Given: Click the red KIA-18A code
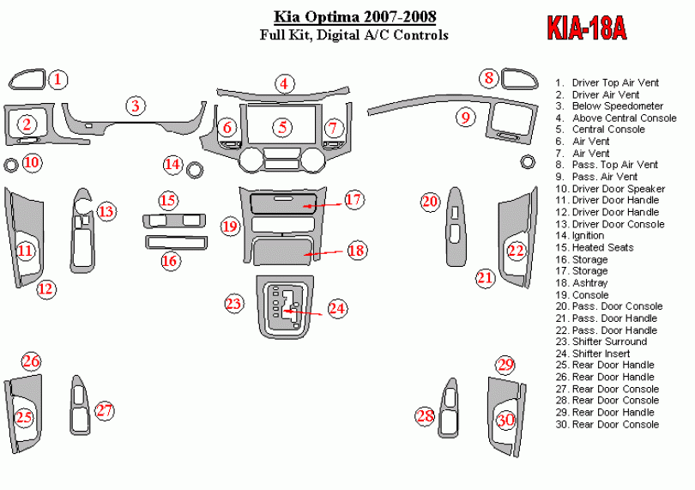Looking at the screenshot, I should tap(587, 29).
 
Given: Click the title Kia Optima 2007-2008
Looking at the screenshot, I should tap(354, 16).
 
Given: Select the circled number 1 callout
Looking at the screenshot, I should tap(57, 81).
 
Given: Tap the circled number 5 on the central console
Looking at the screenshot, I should tap(282, 127).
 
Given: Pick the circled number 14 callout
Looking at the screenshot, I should tap(173, 164).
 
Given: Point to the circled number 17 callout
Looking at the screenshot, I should tap(354, 199).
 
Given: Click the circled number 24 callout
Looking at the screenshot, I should tap(336, 308).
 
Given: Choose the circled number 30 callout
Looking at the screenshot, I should tap(506, 420).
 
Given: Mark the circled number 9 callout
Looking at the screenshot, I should tap(465, 117).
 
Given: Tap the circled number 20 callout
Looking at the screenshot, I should tap(430, 202).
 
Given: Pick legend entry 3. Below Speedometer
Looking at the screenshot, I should tap(608, 106).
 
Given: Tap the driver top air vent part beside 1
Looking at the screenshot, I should tap(27, 80).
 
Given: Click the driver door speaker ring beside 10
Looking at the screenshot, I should tap(12, 164).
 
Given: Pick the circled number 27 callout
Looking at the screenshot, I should tap(104, 411).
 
